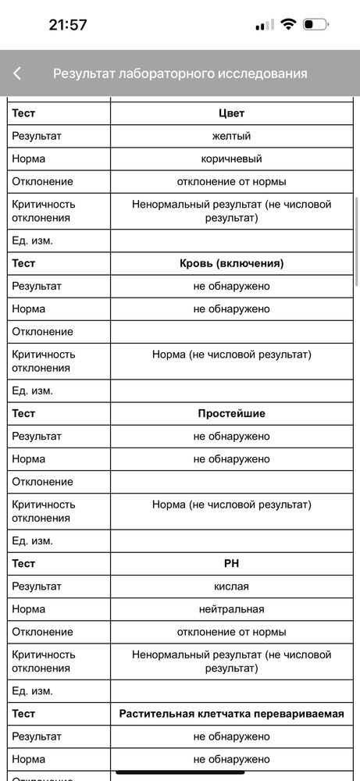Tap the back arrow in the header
click(x=17, y=73)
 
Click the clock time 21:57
click(x=68, y=24)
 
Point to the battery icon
click(x=315, y=24)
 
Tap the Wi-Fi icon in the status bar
click(x=288, y=24)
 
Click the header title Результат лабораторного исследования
click(x=180, y=73)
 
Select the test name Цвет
click(x=231, y=113)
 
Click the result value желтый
click(x=231, y=136)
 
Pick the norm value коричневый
click(x=231, y=159)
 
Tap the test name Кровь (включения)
click(x=231, y=263)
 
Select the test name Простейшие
click(x=231, y=413)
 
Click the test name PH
click(x=231, y=563)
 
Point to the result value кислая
click(x=231, y=586)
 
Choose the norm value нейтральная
click(x=231, y=608)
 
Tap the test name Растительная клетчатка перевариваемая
click(x=231, y=713)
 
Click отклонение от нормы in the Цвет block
click(x=231, y=181)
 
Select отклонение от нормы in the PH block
click(x=231, y=631)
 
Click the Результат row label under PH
click(x=37, y=586)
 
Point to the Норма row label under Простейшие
click(x=29, y=458)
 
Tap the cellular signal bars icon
click(x=265, y=25)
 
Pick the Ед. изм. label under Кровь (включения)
click(x=33, y=390)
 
